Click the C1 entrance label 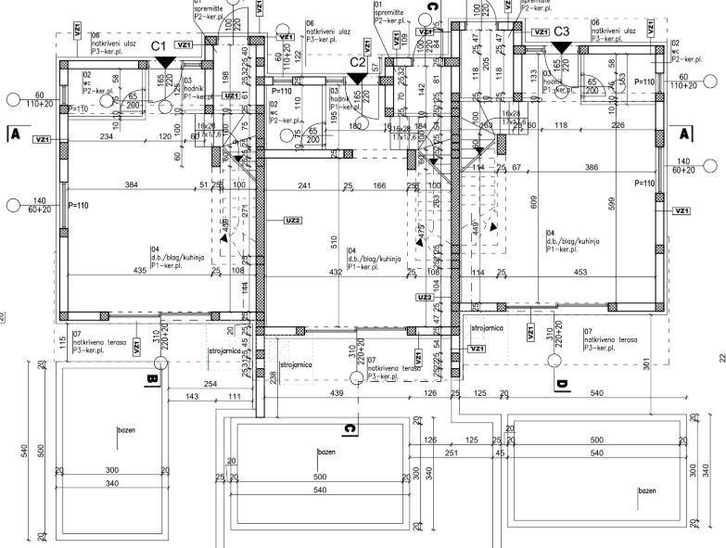[x=158, y=45]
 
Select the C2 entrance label [x=358, y=62]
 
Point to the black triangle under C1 [x=164, y=61]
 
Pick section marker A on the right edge [x=685, y=134]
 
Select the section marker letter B [x=150, y=378]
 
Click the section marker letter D [x=559, y=384]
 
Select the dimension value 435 [x=140, y=272]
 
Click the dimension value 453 [x=580, y=272]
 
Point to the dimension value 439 [x=338, y=394]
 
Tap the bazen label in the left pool [x=127, y=431]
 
